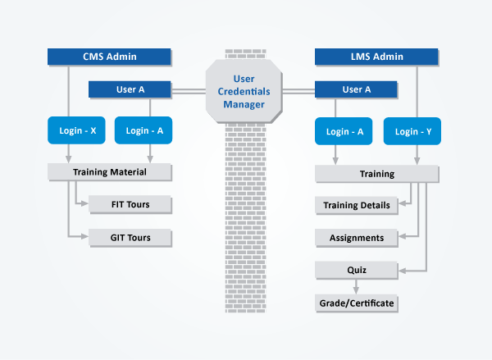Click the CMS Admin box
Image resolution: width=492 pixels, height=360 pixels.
tap(109, 57)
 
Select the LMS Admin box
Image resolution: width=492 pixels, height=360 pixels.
tap(376, 57)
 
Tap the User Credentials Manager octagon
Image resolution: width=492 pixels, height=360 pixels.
tap(244, 91)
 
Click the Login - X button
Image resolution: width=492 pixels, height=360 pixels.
tap(76, 130)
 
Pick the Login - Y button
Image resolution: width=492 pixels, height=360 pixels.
tap(412, 131)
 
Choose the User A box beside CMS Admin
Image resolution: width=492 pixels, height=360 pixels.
tap(130, 89)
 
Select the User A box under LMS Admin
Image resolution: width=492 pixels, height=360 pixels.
tap(356, 89)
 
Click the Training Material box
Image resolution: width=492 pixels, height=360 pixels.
tap(110, 172)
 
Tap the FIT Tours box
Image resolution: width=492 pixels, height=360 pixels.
tap(130, 204)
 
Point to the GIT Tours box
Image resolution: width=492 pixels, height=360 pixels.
tap(130, 238)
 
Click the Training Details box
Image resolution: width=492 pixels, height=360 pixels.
tap(357, 205)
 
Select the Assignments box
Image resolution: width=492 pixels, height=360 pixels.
tap(357, 238)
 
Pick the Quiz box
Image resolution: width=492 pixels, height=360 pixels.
tap(357, 270)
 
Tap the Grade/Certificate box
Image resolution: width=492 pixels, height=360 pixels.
tap(357, 303)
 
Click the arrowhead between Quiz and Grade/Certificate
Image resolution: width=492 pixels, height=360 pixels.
tap(356, 291)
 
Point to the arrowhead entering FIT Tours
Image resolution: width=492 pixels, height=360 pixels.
tap(84, 203)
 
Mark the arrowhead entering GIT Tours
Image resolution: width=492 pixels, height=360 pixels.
tap(84, 236)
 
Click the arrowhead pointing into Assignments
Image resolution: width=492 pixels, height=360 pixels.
tap(402, 236)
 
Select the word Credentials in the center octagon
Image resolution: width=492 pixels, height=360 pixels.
tap(244, 91)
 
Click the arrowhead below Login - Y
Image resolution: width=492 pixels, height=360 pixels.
tap(417, 161)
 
